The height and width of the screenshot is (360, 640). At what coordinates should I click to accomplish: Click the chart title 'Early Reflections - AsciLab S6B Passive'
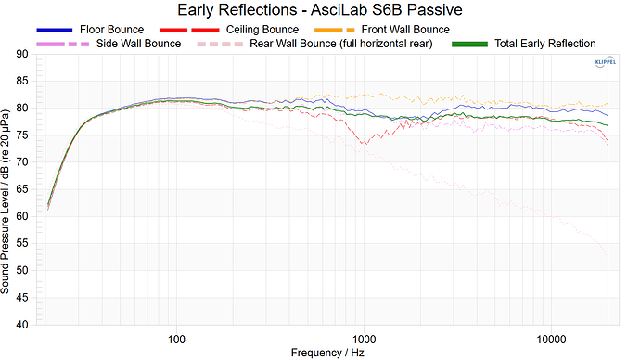[320, 10]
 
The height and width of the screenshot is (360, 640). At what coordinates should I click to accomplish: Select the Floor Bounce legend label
[111, 30]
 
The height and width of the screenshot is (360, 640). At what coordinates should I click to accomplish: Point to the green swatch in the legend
[468, 44]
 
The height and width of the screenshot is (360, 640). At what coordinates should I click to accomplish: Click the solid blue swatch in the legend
[54, 30]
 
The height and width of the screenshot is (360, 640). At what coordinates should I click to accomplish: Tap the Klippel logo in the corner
[604, 62]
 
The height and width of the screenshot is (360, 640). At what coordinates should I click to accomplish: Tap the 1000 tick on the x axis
[364, 337]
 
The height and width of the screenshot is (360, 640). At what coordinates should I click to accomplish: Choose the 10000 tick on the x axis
[553, 337]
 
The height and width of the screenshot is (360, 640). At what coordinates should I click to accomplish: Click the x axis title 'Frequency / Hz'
[320, 353]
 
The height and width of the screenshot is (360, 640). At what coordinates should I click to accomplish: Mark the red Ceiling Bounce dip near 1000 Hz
[365, 143]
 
